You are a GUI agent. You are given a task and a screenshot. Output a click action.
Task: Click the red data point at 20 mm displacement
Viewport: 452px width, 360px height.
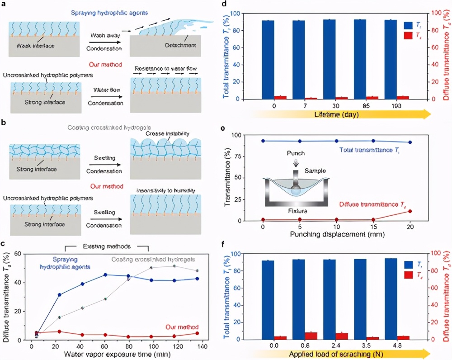pyautogui.click(x=410, y=211)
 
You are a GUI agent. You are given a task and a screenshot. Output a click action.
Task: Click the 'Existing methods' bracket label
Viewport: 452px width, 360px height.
pyautogui.click(x=108, y=246)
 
